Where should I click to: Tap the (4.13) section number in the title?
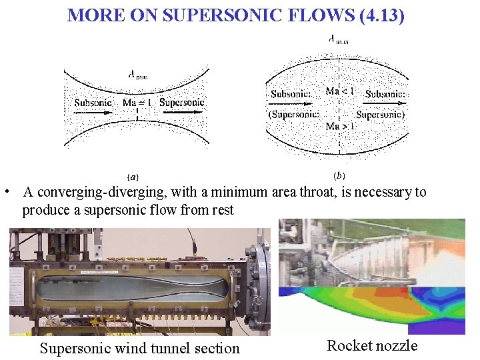tap(381, 15)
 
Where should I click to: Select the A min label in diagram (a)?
tap(137, 75)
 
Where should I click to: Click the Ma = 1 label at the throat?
tap(137, 103)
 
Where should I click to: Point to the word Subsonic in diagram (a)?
tap(93, 103)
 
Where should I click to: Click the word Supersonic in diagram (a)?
tap(182, 103)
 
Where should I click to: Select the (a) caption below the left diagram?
tap(133, 177)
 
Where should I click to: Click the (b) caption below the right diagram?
tap(339, 176)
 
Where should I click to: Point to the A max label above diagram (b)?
tap(339, 39)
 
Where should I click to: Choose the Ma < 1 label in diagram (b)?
tap(340, 91)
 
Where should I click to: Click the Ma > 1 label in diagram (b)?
tap(340, 125)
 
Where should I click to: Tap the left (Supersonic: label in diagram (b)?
tap(293, 115)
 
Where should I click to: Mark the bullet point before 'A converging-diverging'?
tap(5, 193)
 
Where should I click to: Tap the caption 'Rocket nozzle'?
tap(372, 345)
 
